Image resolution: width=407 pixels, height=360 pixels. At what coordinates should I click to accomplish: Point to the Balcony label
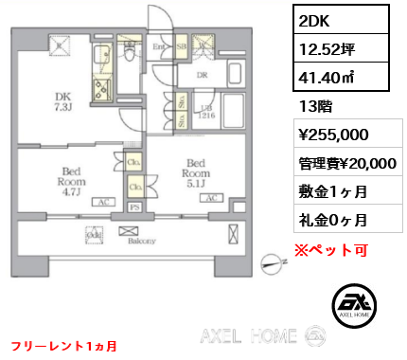point(141,243)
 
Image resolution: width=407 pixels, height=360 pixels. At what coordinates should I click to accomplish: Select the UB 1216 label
point(205,111)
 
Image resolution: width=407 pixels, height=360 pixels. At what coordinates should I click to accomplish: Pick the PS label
point(135,207)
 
